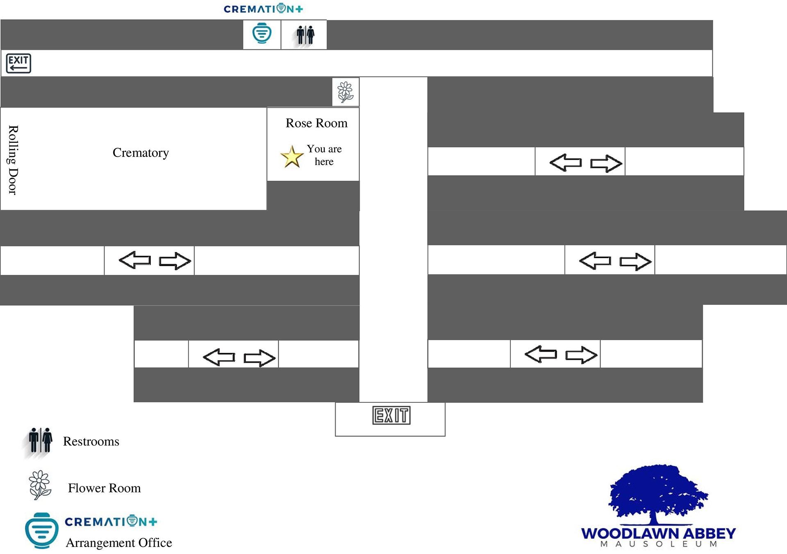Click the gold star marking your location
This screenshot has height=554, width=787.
pyautogui.click(x=292, y=157)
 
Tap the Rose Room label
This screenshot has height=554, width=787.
pyautogui.click(x=316, y=123)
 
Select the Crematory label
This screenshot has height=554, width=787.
pyautogui.click(x=141, y=152)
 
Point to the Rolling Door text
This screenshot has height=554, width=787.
pyautogui.click(x=13, y=160)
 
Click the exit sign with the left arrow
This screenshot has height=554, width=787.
pyautogui.click(x=18, y=64)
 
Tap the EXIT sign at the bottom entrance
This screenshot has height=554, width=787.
pyautogui.click(x=391, y=415)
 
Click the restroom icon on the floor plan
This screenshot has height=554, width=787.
pyautogui.click(x=305, y=35)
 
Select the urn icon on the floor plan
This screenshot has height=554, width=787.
pyautogui.click(x=262, y=34)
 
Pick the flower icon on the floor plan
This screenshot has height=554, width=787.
pyautogui.click(x=345, y=92)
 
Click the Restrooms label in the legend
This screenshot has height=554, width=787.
pyautogui.click(x=91, y=441)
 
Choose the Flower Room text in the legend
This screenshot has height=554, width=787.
pyautogui.click(x=104, y=488)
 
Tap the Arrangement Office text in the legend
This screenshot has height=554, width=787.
pyautogui.click(x=119, y=543)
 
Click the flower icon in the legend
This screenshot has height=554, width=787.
pyautogui.click(x=40, y=485)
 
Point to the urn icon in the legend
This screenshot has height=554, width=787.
pyautogui.click(x=42, y=531)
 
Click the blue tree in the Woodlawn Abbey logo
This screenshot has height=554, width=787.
pyautogui.click(x=658, y=495)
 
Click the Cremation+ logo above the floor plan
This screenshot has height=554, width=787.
pyautogui.click(x=263, y=9)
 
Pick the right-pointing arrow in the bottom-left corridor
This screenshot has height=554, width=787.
pyautogui.click(x=259, y=358)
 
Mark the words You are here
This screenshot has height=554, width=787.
pyautogui.click(x=324, y=155)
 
